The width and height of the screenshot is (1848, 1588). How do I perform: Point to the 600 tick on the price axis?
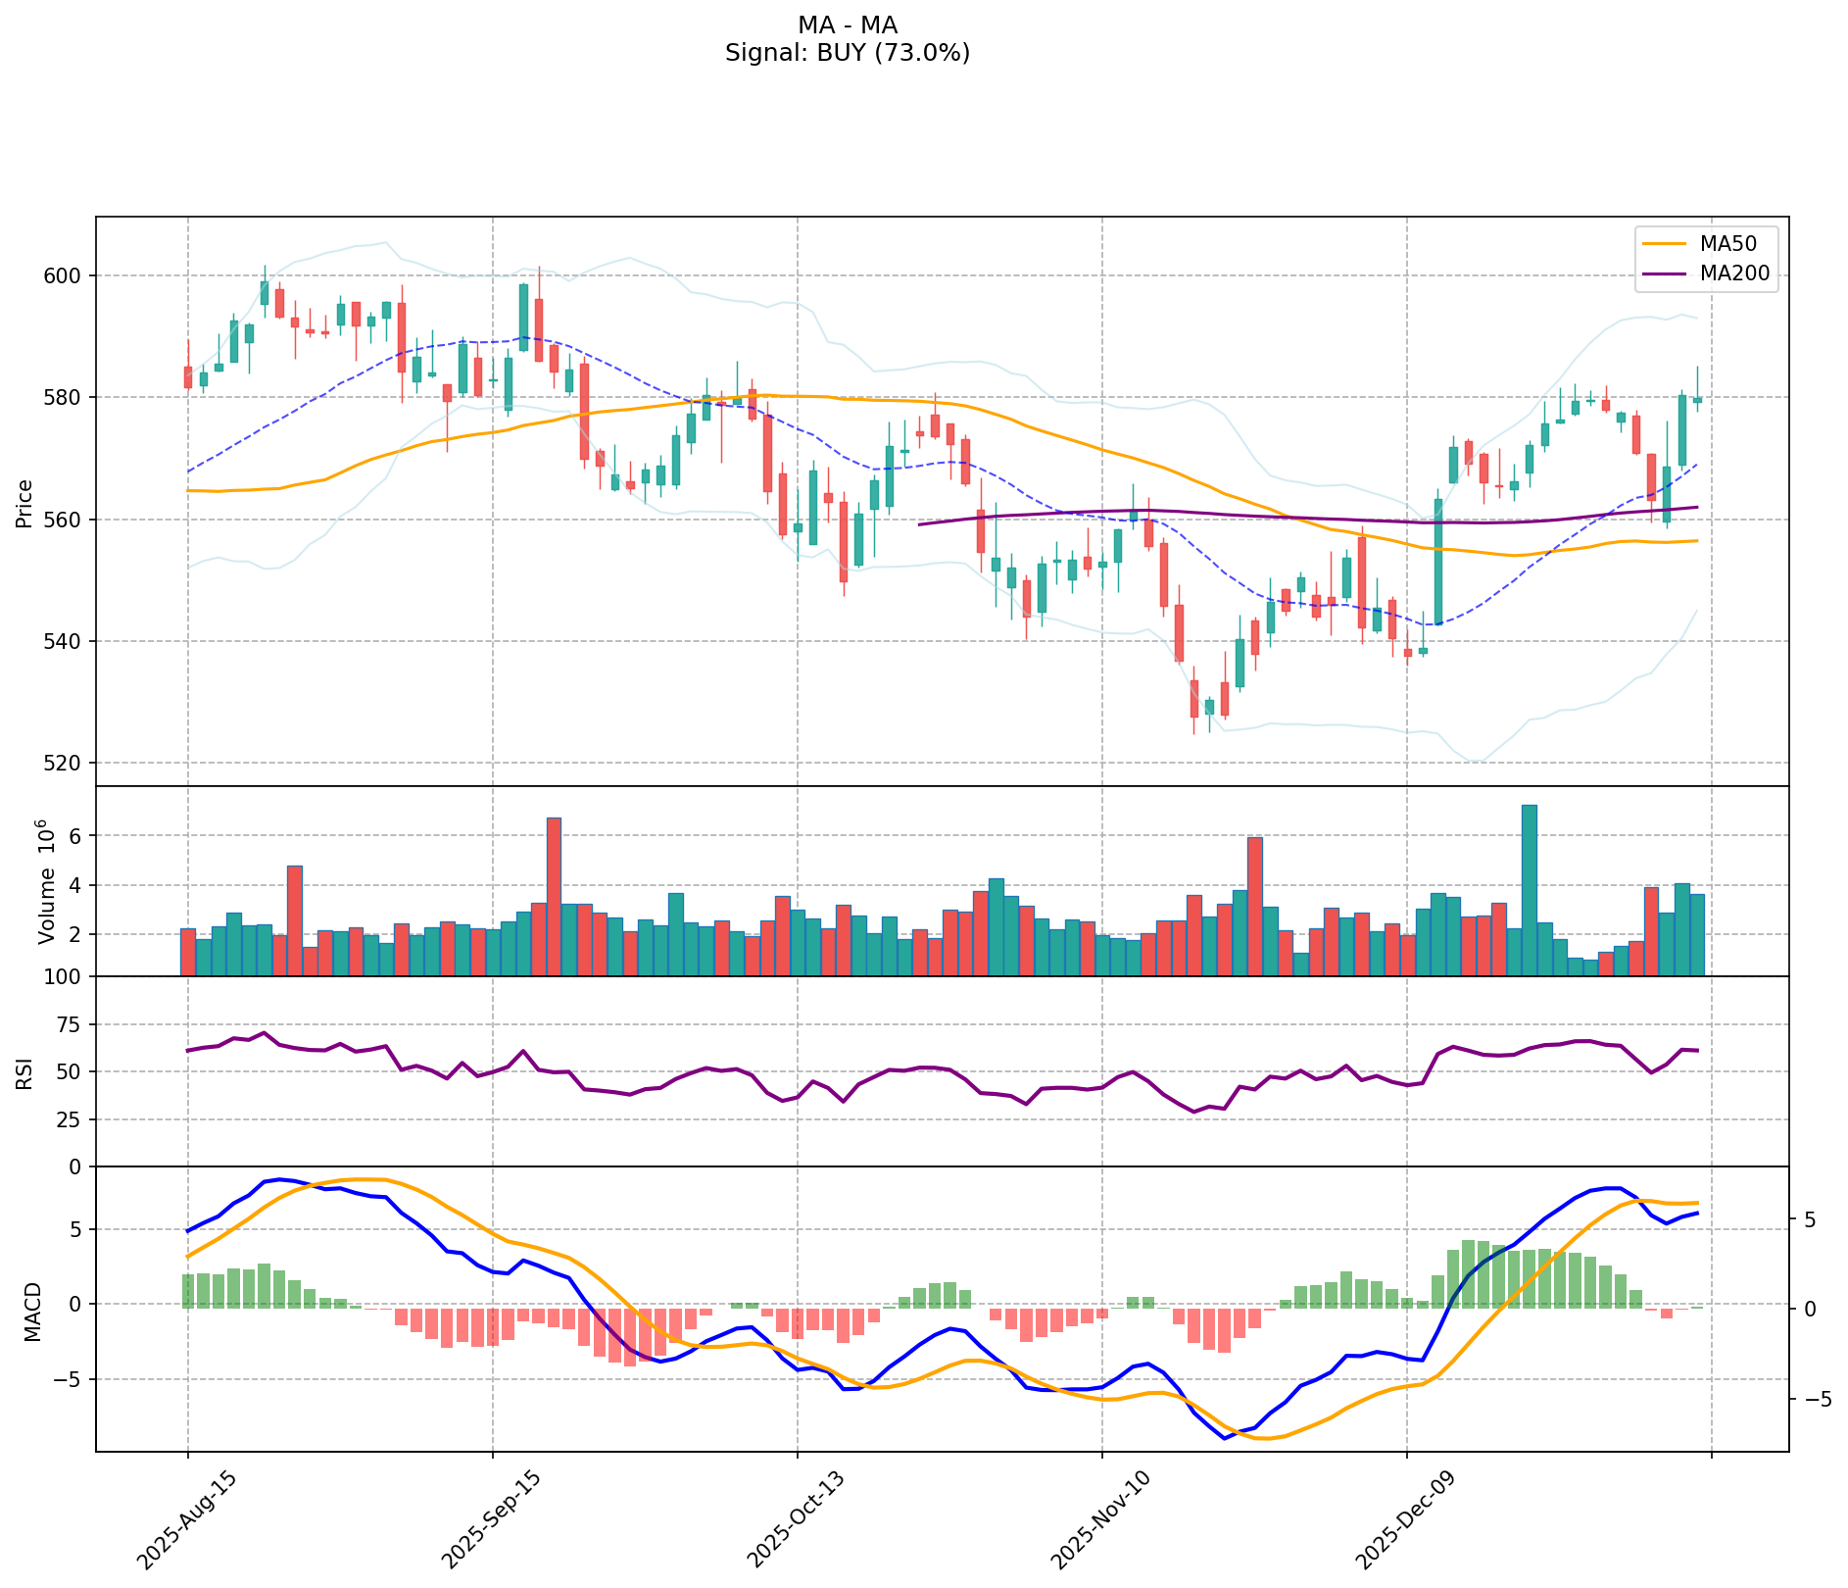65,275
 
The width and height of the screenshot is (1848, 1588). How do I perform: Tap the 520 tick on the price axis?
65,764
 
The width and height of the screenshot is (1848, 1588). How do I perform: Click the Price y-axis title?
24,502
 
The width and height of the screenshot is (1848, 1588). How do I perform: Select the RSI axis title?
24,1072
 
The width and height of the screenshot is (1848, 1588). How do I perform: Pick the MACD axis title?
32,1311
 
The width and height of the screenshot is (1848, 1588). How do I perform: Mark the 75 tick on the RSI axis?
71,1025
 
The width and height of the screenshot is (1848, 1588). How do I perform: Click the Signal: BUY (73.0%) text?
848,53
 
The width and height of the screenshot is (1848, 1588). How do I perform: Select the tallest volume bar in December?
1529,889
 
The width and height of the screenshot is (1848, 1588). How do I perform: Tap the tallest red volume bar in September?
554,896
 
